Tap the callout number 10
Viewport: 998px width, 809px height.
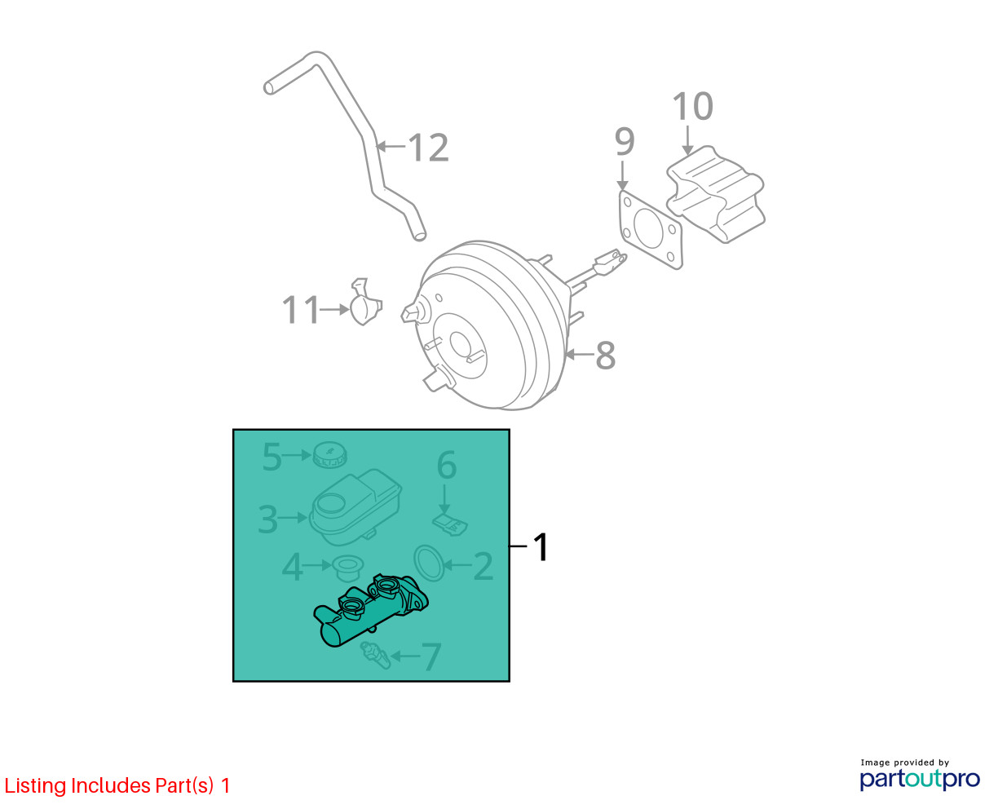(692, 106)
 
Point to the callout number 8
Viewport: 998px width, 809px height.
(605, 356)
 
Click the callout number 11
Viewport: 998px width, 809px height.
(300, 309)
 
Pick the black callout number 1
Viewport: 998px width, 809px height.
(541, 546)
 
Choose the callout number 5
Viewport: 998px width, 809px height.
(272, 456)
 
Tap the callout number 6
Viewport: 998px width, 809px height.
(447, 465)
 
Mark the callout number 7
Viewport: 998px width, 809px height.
(431, 656)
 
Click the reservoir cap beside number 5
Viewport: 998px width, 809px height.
(330, 454)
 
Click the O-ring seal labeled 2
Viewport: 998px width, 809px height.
(429, 563)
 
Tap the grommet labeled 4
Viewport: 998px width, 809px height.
(347, 568)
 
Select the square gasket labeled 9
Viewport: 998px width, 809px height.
(651, 230)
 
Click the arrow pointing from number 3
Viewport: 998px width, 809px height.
(293, 518)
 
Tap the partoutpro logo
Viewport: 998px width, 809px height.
(919, 780)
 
